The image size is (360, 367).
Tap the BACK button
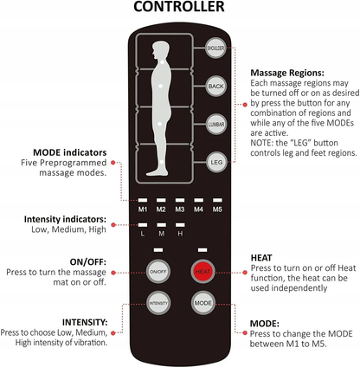pos(215,86)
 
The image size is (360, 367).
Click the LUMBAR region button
pos(216,125)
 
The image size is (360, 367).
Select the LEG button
pos(216,162)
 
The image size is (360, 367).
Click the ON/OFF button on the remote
pos(158,272)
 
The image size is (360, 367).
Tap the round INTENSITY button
pos(158,303)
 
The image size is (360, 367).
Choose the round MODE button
pos(203,303)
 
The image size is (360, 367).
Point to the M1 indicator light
pos(143,200)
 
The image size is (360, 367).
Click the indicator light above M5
pos(217,200)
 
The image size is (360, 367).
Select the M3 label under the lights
pos(180,209)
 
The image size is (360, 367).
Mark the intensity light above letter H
pos(180,225)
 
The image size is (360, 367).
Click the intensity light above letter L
pos(143,225)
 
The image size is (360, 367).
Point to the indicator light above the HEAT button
pos(202,250)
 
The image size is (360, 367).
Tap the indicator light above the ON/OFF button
pos(158,250)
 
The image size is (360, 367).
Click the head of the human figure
pos(161,50)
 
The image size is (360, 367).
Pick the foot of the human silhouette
pos(157,172)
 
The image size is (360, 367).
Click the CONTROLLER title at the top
pos(179,7)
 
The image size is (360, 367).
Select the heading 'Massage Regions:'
pos(287,73)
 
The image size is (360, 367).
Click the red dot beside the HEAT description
pos(245,273)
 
